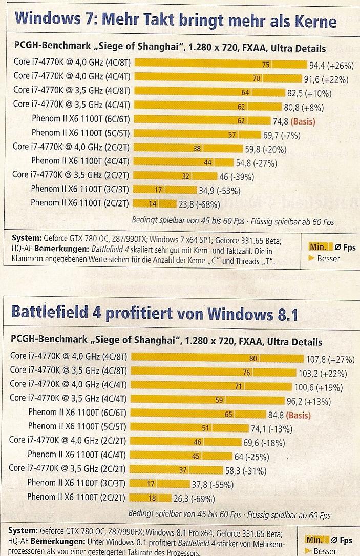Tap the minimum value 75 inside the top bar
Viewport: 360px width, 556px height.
tap(265, 65)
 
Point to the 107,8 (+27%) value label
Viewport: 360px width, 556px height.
tap(330, 358)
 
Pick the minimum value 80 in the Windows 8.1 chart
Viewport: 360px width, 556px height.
tap(253, 358)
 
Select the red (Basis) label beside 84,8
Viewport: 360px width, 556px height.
tap(299, 415)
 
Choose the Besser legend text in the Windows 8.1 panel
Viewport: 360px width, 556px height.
tap(326, 551)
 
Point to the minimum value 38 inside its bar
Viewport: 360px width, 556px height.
tap(197, 149)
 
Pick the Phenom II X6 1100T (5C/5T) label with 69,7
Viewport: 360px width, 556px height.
tap(81, 134)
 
